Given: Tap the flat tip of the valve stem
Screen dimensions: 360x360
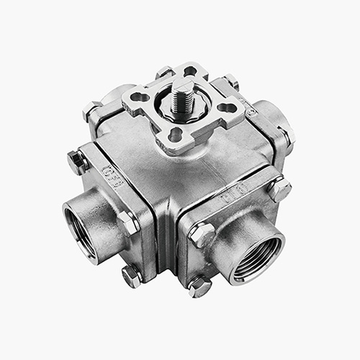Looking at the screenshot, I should click(180, 88).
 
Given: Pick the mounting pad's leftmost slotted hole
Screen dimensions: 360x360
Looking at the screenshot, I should click(139, 96).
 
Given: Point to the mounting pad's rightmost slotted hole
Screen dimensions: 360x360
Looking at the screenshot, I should click(229, 109).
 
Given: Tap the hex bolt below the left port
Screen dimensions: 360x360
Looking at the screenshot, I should click(130, 276).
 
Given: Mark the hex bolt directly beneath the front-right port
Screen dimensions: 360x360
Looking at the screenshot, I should click(199, 286).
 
